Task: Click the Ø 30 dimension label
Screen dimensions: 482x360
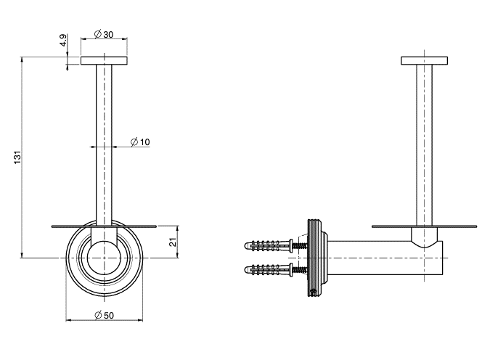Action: pyautogui.click(x=104, y=34)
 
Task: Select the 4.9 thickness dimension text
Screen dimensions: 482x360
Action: pyautogui.click(x=63, y=40)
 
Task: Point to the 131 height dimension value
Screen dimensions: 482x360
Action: pyautogui.click(x=18, y=157)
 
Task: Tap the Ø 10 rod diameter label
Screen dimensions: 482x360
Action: pyautogui.click(x=140, y=142)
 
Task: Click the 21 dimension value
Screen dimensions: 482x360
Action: pyautogui.click(x=173, y=242)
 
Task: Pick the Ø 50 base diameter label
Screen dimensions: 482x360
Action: pyautogui.click(x=105, y=315)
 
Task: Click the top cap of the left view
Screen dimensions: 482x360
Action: pyautogui.click(x=104, y=60)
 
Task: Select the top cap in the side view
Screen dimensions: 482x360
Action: pyautogui.click(x=424, y=60)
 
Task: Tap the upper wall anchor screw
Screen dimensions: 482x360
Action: pyautogui.click(x=276, y=245)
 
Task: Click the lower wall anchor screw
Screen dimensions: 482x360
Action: pyautogui.click(x=276, y=270)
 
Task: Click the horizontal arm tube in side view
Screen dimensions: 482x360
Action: pyautogui.click(x=385, y=258)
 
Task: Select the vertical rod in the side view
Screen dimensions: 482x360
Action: pyautogui.click(x=424, y=145)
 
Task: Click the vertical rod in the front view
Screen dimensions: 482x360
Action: pyautogui.click(x=104, y=145)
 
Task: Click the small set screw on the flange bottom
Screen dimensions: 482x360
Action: pyautogui.click(x=314, y=292)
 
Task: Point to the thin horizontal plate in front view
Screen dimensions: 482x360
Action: pyautogui.click(x=104, y=226)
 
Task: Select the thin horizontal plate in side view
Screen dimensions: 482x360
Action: pyautogui.click(x=424, y=226)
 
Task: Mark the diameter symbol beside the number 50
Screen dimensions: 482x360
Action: pyautogui.click(x=98, y=315)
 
